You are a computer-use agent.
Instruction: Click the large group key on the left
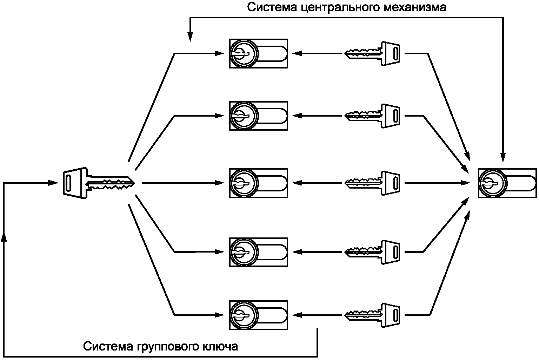coord(98,183)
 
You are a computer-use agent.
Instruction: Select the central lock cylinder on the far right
coord(507,183)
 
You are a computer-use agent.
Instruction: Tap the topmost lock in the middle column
coord(259,53)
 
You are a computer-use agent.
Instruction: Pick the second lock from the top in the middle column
coord(259,116)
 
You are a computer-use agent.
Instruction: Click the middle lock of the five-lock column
coord(259,183)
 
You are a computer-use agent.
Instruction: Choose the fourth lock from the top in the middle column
coord(259,252)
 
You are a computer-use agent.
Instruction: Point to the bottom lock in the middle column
coord(259,315)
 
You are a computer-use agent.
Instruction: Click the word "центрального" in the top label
coord(337,8)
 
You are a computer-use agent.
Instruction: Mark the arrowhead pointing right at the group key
coord(53,183)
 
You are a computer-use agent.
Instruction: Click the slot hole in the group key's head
coord(68,183)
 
